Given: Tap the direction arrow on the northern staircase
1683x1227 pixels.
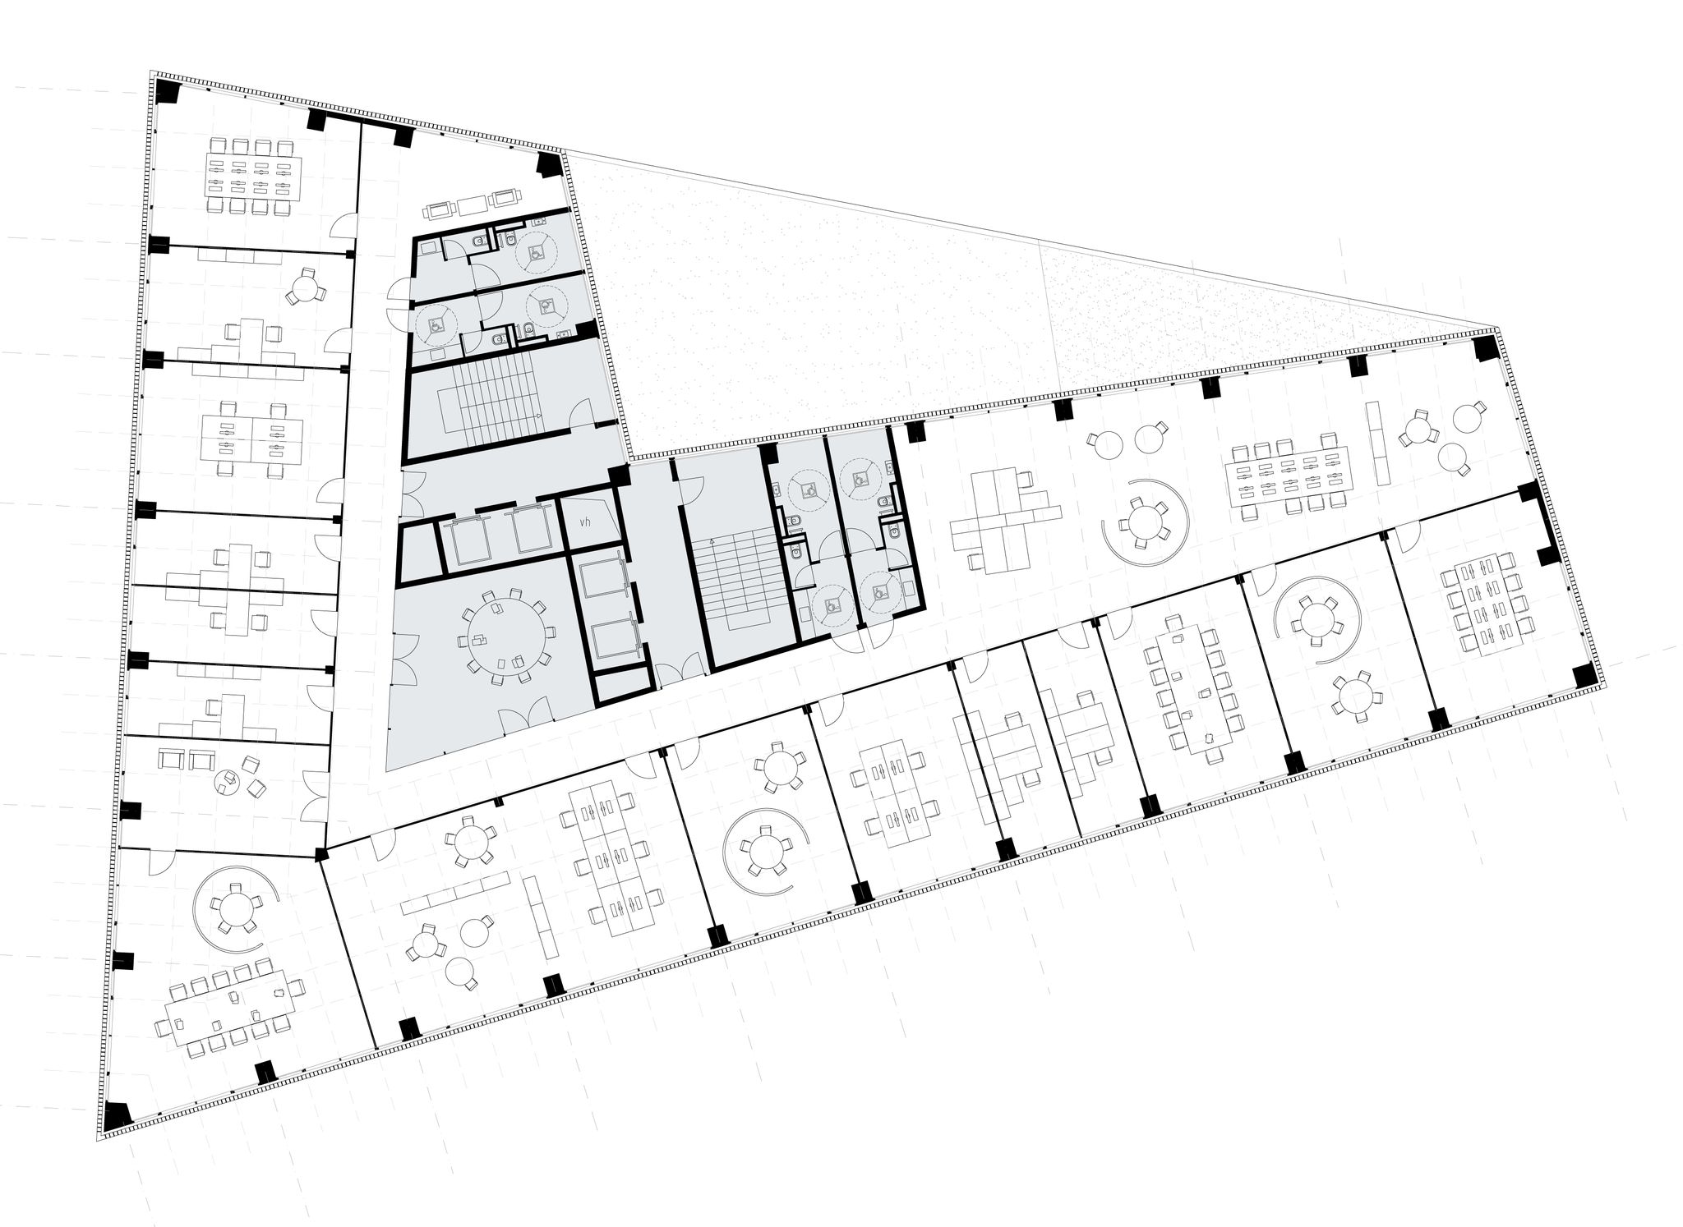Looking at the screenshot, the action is point(537,416).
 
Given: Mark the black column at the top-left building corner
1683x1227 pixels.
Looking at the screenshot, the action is point(168,90).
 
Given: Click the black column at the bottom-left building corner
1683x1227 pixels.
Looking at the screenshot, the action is point(118,1113).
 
